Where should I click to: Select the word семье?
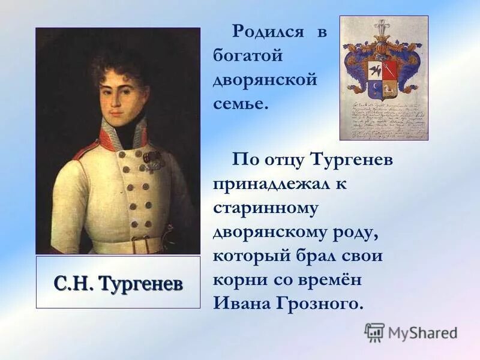coord(239,103)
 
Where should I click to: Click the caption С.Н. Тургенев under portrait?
coord(118,283)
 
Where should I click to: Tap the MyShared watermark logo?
coord(411,332)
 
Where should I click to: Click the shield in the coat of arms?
coord(383,77)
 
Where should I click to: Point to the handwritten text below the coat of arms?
coord(384,120)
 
